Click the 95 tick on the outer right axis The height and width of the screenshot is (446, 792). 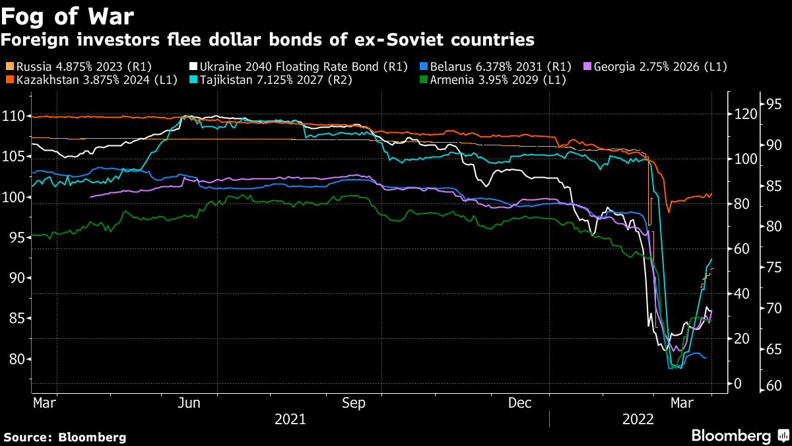point(774,104)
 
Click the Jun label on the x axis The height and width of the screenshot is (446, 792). point(189,403)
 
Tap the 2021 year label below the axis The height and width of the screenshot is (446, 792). point(290,419)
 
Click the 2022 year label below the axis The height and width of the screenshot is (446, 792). point(637,419)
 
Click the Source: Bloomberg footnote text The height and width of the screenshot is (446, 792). point(65,437)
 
